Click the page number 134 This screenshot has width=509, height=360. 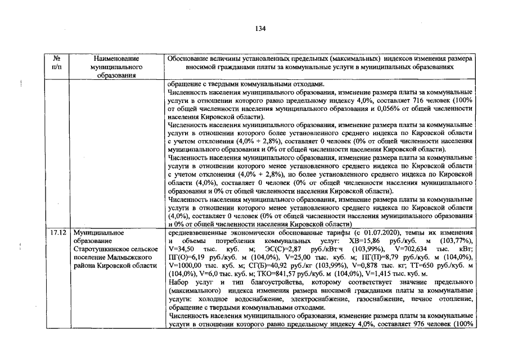[260, 29]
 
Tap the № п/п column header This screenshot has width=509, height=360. [56, 62]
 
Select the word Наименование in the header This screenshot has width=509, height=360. [117, 58]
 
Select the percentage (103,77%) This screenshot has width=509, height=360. [458, 240]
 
